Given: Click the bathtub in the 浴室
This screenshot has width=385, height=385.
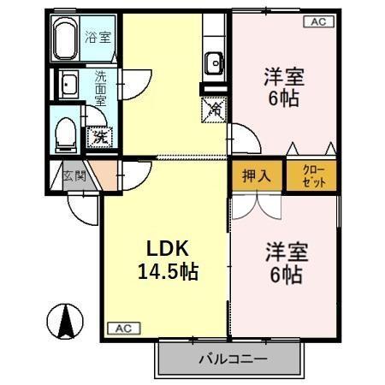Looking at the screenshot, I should [x=66, y=38].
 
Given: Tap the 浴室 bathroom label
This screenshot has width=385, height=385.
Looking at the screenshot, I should [x=98, y=37].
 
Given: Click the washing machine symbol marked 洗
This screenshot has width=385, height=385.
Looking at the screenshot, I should [x=100, y=134].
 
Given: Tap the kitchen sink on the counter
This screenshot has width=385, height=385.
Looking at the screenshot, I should [x=213, y=62].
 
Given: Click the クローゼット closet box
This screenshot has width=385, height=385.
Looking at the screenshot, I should [x=311, y=176].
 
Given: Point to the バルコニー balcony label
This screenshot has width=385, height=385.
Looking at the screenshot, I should [x=233, y=359].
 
